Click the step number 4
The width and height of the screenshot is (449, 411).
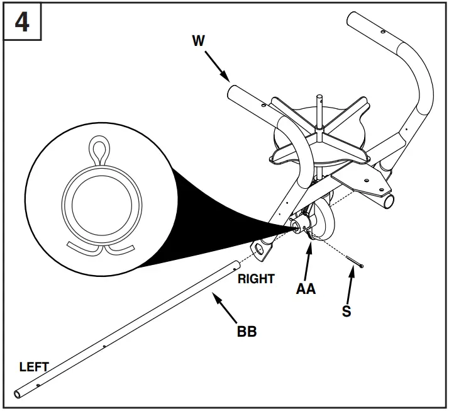click(22, 23)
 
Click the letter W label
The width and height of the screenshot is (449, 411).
click(199, 40)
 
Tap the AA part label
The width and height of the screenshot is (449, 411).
click(306, 289)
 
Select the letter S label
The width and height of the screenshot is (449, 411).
click(346, 311)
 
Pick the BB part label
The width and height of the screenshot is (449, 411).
click(247, 331)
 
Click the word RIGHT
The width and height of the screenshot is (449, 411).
click(257, 279)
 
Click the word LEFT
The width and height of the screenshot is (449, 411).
click(34, 367)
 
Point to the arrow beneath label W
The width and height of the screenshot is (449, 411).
click(217, 66)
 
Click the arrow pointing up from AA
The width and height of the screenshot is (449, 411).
click(308, 261)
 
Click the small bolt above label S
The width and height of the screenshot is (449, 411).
click(355, 262)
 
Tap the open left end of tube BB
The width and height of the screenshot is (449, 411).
click(18, 395)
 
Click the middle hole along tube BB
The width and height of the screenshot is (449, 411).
click(104, 346)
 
